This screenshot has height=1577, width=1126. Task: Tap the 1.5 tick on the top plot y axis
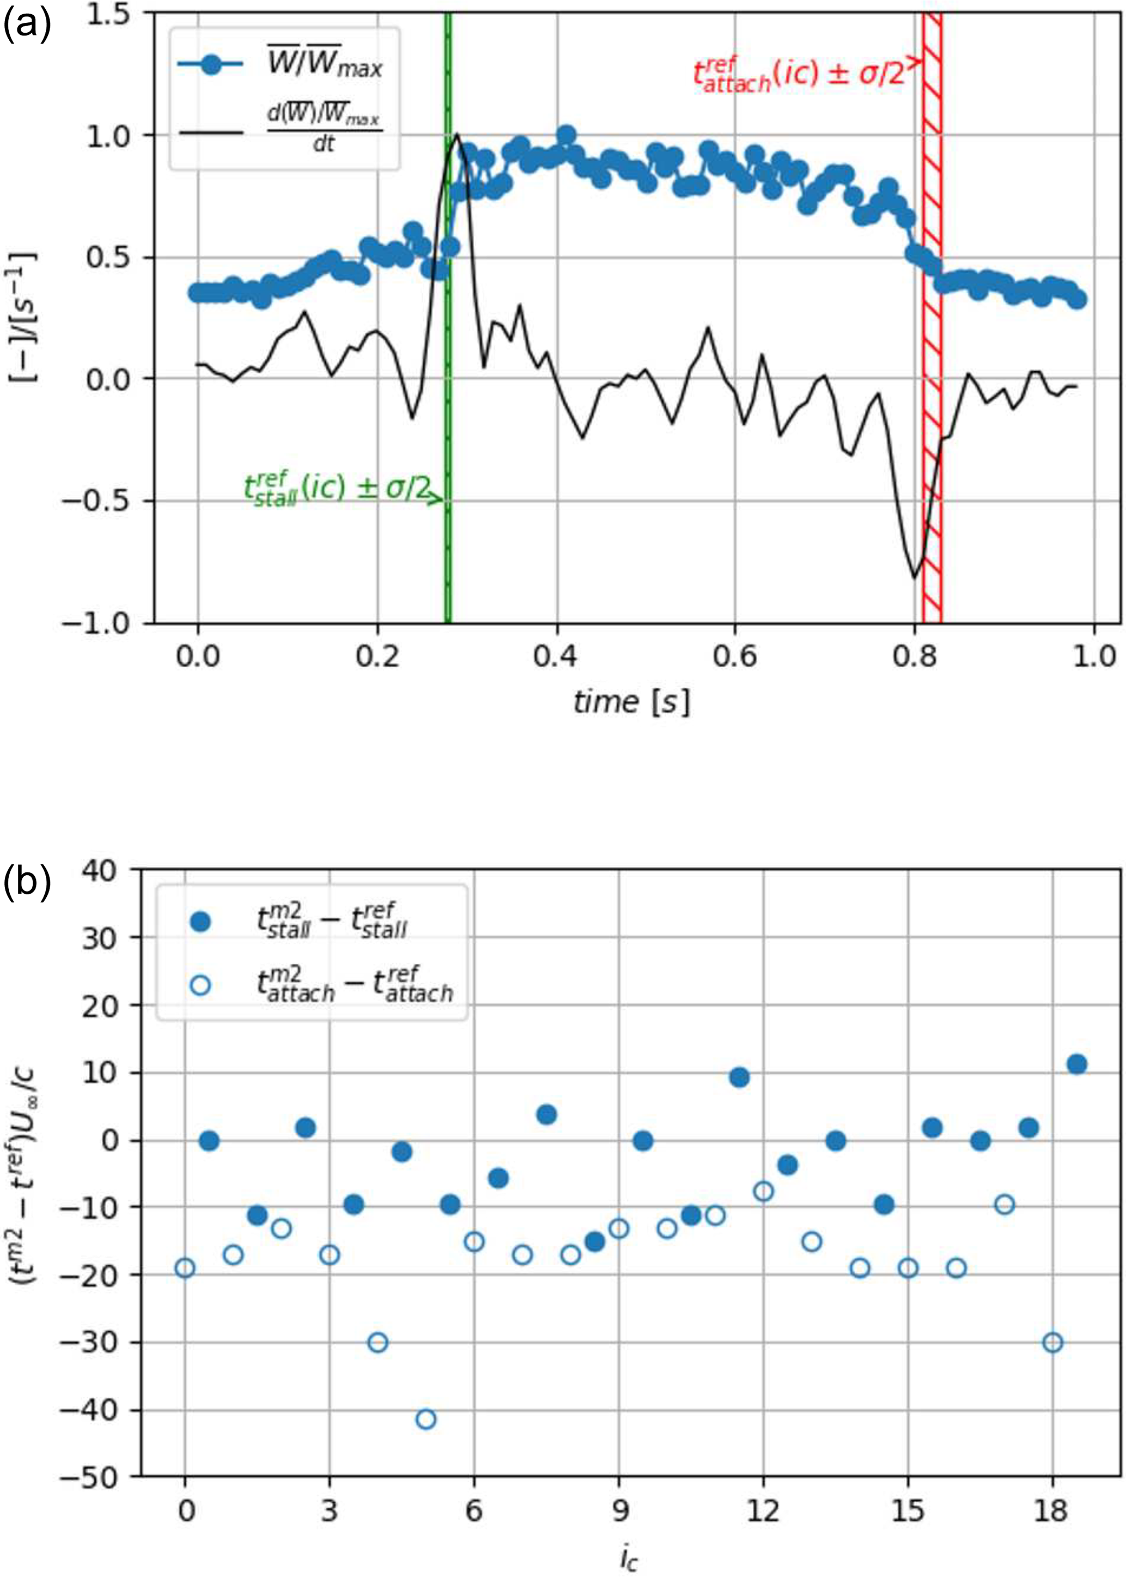pyautogui.click(x=113, y=14)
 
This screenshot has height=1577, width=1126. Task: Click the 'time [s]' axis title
pyautogui.click(x=631, y=702)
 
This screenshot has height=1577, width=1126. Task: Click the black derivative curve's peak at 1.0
pyautogui.click(x=457, y=135)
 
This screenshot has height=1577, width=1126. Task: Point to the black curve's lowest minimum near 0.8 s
pyautogui.click(x=915, y=577)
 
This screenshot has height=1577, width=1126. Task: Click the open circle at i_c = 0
pyautogui.click(x=185, y=1267)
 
